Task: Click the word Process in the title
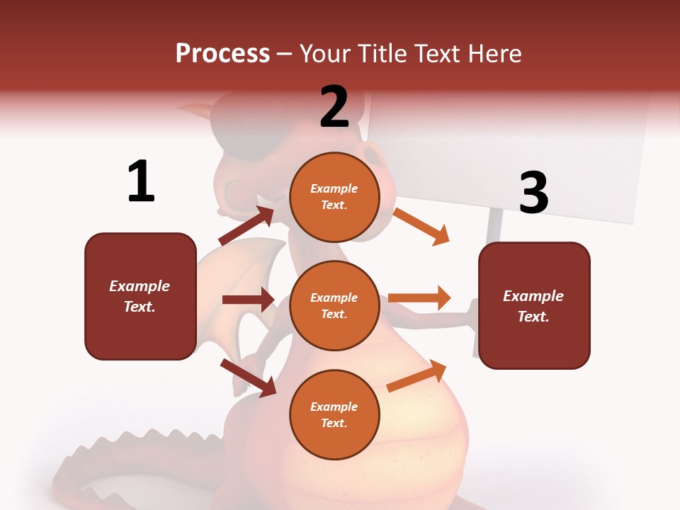pos(222,53)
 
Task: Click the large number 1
pos(141,181)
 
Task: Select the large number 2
pos(334,106)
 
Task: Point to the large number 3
pos(533,193)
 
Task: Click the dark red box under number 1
pos(140,296)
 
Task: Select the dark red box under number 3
pos(534,305)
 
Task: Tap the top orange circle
pos(334,196)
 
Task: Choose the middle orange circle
pos(334,305)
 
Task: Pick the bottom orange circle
pos(334,414)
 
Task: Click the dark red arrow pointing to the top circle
pos(246,225)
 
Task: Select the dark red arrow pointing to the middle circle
pos(248,300)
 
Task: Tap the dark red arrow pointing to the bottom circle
pos(248,378)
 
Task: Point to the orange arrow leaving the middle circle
pos(419,298)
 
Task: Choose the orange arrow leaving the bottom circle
pos(416,376)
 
